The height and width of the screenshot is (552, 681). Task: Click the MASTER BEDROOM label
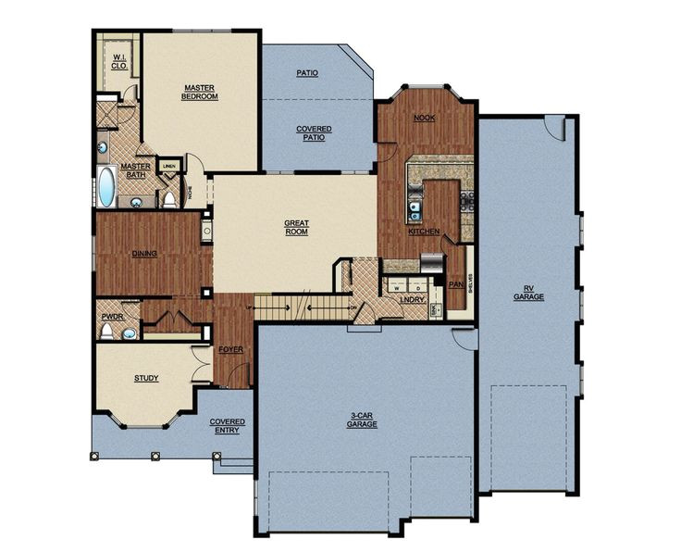[x=199, y=91]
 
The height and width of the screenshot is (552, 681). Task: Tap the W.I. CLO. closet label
[x=119, y=62]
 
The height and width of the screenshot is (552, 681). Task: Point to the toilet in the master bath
[x=169, y=198]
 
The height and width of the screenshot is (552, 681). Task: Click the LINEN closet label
[x=169, y=167]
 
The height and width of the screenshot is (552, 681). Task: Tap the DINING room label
[x=144, y=253]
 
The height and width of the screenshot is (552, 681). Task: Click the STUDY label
[x=146, y=378]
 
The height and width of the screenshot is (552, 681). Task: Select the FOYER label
[x=229, y=349]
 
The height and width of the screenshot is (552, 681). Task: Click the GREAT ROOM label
[x=295, y=227]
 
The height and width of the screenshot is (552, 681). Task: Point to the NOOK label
[x=425, y=118]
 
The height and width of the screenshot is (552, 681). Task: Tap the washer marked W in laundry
[x=395, y=288]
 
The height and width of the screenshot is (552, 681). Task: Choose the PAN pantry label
[x=455, y=284]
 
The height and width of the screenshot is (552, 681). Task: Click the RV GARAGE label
[x=528, y=294]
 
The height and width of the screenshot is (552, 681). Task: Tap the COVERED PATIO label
[x=315, y=132]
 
